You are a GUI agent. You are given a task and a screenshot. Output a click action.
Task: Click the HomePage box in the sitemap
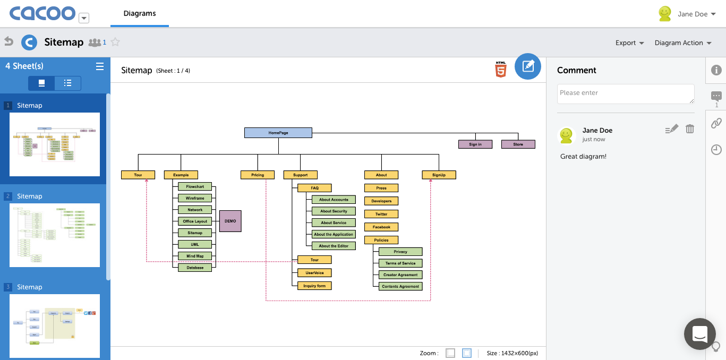pyautogui.click(x=278, y=133)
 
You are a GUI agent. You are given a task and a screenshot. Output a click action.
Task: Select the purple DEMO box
pyautogui.click(x=230, y=221)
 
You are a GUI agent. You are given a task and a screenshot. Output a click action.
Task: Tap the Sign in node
pyautogui.click(x=475, y=144)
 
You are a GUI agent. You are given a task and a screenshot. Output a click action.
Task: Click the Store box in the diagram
pyautogui.click(x=518, y=144)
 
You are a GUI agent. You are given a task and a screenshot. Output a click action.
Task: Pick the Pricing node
pyautogui.click(x=258, y=175)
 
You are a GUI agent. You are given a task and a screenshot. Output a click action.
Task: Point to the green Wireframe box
pyautogui.click(x=195, y=198)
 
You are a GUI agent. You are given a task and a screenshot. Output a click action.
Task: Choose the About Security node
pyautogui.click(x=334, y=211)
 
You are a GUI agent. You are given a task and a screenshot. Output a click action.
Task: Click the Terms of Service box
pyautogui.click(x=400, y=263)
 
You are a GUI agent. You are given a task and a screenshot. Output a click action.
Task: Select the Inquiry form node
pyautogui.click(x=314, y=286)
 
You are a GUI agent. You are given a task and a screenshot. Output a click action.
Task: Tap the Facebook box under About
pyautogui.click(x=381, y=227)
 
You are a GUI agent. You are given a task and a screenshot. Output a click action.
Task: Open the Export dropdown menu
pyautogui.click(x=629, y=43)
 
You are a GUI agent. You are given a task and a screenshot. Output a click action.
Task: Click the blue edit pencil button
pyautogui.click(x=528, y=66)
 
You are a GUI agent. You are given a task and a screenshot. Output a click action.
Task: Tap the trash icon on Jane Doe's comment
pyautogui.click(x=689, y=129)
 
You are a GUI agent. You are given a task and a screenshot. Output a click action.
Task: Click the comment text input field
pyautogui.click(x=626, y=93)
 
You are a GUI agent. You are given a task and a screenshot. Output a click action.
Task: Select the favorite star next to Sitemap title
pyautogui.click(x=115, y=42)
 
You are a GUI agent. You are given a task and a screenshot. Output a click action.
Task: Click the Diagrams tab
pyautogui.click(x=140, y=14)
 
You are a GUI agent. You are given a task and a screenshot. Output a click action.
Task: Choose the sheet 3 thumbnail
pyautogui.click(x=55, y=326)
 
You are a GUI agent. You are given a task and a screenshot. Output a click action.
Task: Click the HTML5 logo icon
pyautogui.click(x=500, y=70)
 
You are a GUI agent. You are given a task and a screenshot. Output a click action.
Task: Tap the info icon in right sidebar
pyautogui.click(x=716, y=70)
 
